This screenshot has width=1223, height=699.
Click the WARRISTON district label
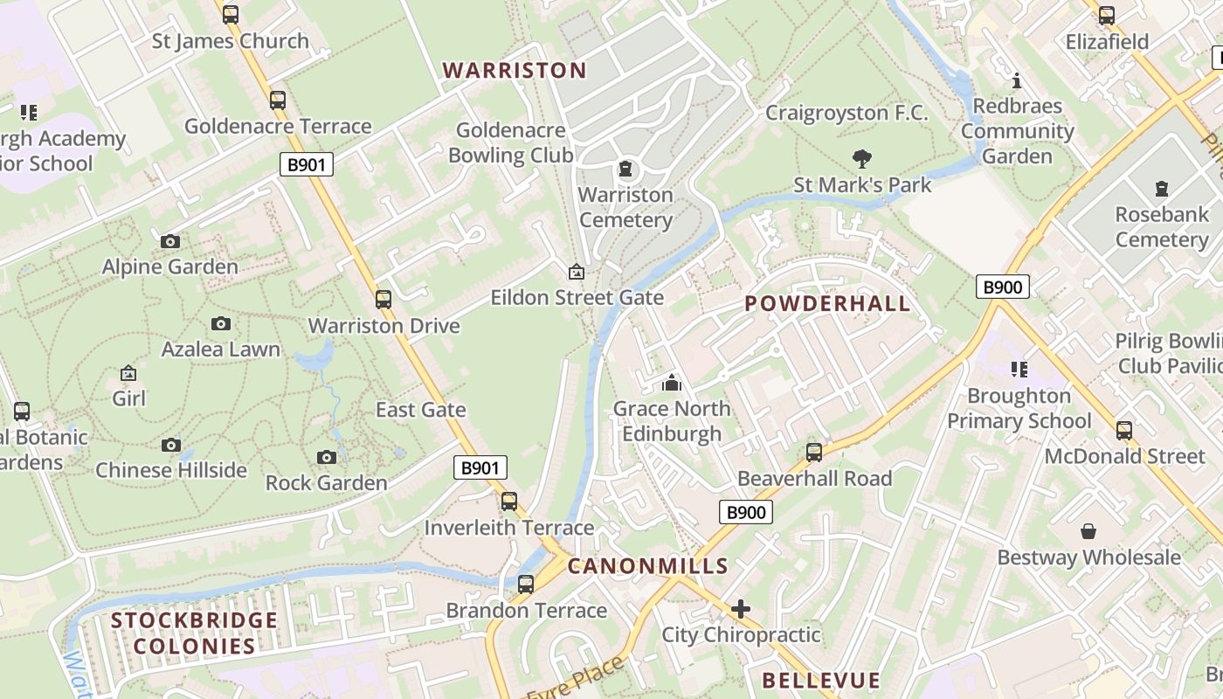pyautogui.click(x=515, y=70)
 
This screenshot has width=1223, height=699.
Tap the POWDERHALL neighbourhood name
pyautogui.click(x=827, y=304)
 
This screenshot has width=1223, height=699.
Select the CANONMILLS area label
pyautogui.click(x=647, y=566)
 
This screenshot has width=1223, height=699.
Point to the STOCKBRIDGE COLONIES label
pyautogui.click(x=194, y=633)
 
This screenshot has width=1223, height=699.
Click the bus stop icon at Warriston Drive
pyautogui.click(x=383, y=300)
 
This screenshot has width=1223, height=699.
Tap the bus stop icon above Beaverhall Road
pyautogui.click(x=814, y=453)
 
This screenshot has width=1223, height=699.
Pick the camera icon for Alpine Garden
pyautogui.click(x=170, y=241)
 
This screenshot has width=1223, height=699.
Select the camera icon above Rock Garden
pyautogui.click(x=326, y=457)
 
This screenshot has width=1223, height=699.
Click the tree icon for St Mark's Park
pyautogui.click(x=862, y=159)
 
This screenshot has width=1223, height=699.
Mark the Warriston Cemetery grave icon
pyautogui.click(x=625, y=169)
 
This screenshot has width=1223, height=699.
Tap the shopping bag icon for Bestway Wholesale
pyautogui.click(x=1088, y=531)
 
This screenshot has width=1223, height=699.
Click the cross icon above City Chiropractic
pyautogui.click(x=741, y=608)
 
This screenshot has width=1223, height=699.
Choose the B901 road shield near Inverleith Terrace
pyautogui.click(x=480, y=468)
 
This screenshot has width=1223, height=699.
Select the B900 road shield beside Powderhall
pyautogui.click(x=1002, y=287)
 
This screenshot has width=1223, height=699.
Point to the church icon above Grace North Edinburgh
pyautogui.click(x=671, y=383)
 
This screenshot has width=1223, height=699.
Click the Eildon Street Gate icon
pyautogui.click(x=576, y=273)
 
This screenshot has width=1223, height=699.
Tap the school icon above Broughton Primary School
pyautogui.click(x=1019, y=370)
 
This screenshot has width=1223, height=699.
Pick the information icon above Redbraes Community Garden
pyautogui.click(x=1017, y=81)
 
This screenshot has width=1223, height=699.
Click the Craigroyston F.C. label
pyautogui.click(x=846, y=113)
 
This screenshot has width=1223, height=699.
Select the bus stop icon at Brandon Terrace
pyautogui.click(x=526, y=585)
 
